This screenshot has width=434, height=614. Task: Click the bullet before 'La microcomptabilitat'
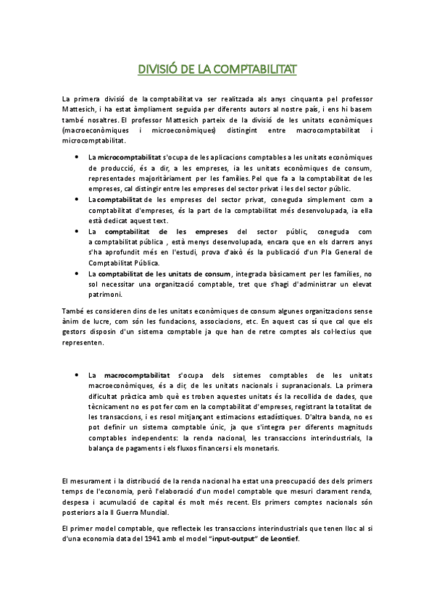pos(78,157)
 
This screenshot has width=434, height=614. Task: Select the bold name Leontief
pos(280,539)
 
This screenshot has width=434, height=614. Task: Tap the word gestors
pos(78,333)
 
